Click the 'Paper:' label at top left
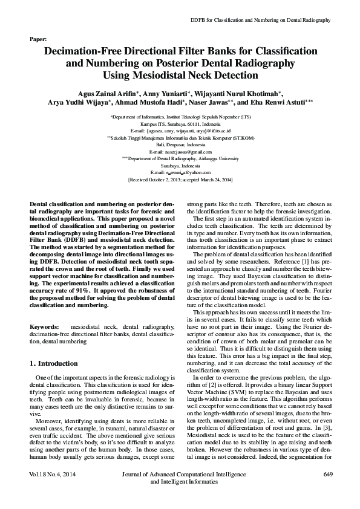(38, 39)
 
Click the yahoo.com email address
(180, 172)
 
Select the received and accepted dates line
(180, 180)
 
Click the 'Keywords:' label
(44, 326)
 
